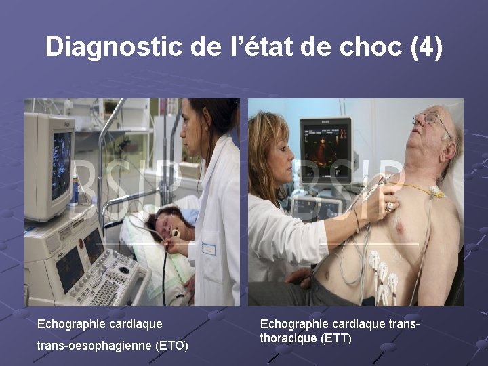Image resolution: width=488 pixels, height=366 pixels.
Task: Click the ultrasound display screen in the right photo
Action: pos(326,146)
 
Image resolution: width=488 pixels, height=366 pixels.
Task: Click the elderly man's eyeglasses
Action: pos(430,121)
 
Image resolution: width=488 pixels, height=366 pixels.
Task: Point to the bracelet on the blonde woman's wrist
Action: pos(356,220)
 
